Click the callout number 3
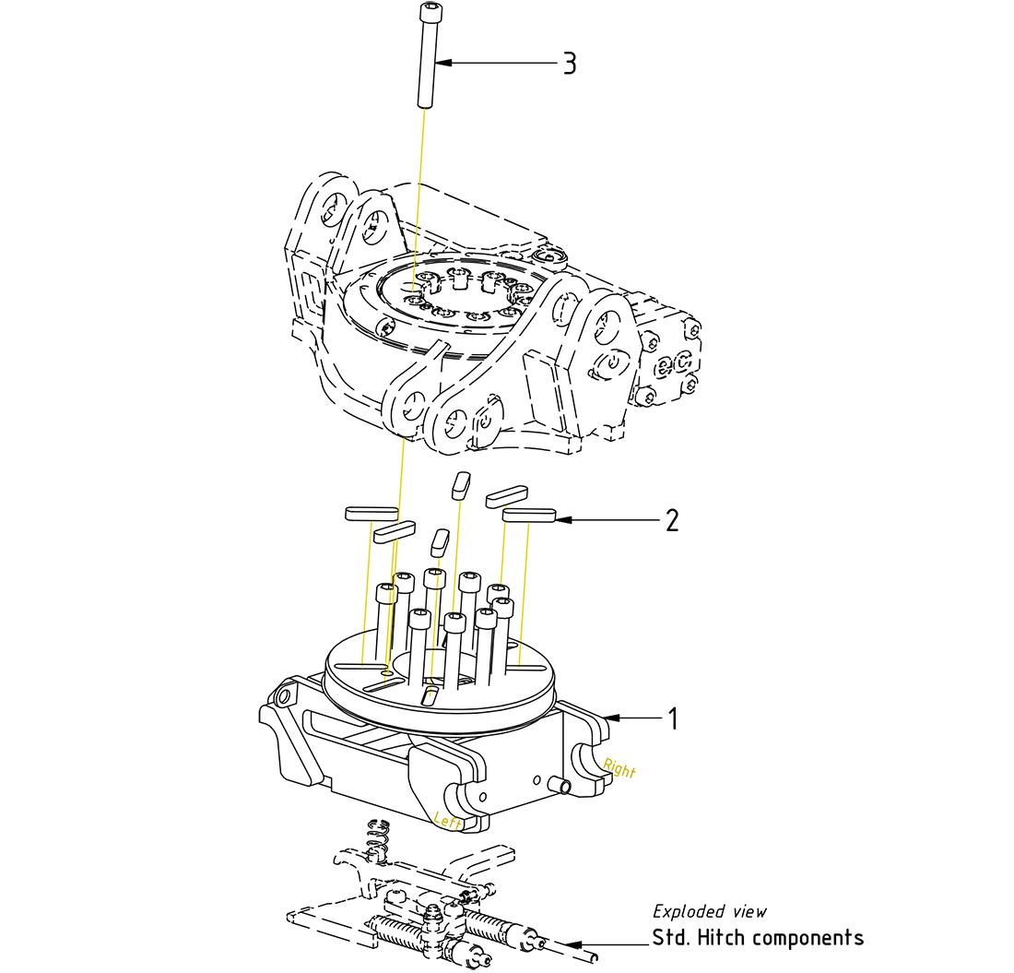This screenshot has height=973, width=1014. (x=570, y=64)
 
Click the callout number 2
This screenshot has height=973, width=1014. (x=672, y=521)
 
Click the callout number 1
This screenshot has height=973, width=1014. (x=673, y=718)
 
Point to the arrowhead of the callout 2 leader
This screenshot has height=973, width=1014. (x=562, y=521)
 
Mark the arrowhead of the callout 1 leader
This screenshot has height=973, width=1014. (x=610, y=718)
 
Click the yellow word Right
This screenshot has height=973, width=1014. (x=619, y=768)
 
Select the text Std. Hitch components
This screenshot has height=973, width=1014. (x=758, y=938)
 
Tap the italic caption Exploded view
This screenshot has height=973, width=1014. (x=709, y=911)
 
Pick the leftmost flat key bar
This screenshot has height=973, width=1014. (x=370, y=512)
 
